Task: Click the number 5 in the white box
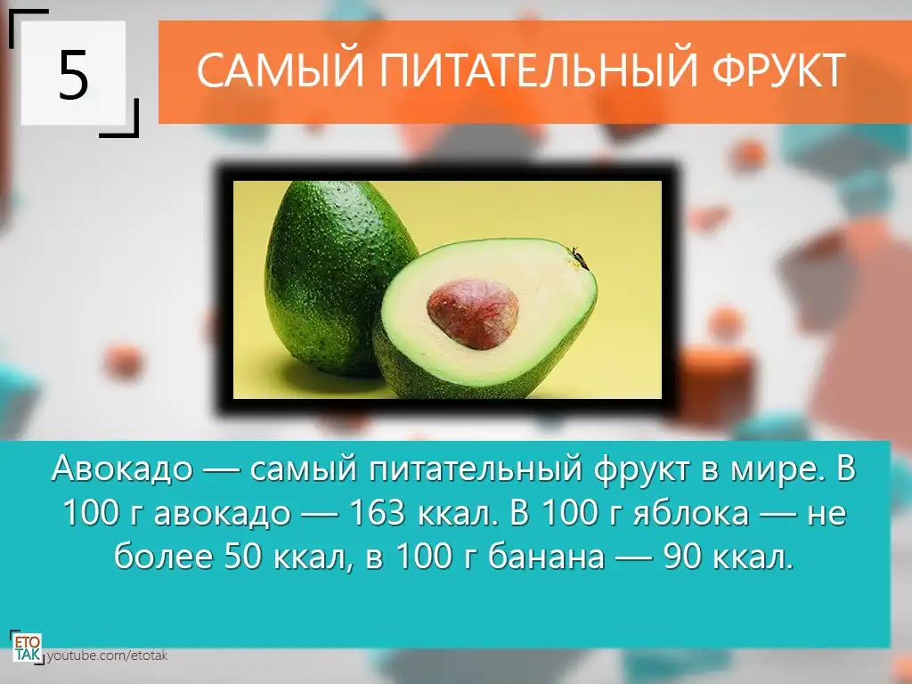click(x=73, y=75)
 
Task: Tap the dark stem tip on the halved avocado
click(x=579, y=256)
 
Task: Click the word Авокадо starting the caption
click(x=122, y=468)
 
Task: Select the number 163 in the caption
click(x=377, y=512)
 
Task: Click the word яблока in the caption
click(x=690, y=512)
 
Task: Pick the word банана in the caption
click(x=546, y=557)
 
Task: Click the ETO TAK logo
click(x=27, y=647)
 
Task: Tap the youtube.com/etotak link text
click(x=107, y=655)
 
